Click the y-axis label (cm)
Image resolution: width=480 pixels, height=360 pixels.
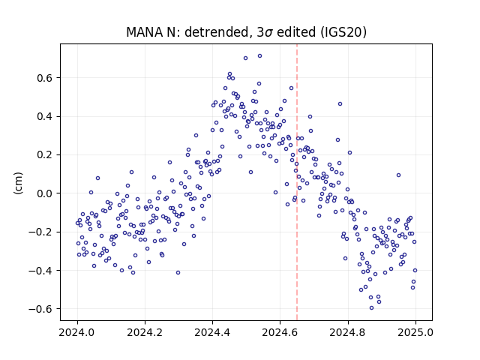(18, 183)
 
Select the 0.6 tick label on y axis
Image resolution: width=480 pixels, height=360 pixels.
(45, 78)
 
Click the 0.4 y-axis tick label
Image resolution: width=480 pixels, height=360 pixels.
(45, 117)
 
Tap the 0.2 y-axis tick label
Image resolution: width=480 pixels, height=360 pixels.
(45, 155)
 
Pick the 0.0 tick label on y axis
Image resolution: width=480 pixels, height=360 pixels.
(45, 193)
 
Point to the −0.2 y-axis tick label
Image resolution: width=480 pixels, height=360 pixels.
(40, 232)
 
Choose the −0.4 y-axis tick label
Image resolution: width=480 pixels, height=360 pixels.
(40, 271)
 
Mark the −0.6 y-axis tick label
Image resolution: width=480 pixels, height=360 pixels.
(40, 309)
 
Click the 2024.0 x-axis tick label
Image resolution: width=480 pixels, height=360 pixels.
(77, 332)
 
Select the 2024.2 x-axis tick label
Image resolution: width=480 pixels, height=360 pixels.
(145, 332)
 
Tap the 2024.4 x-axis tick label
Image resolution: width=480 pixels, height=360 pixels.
(212, 332)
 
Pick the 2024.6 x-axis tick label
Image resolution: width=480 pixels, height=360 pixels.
(280, 332)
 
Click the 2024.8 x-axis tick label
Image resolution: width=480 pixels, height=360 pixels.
(348, 332)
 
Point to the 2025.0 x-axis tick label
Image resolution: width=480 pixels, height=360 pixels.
(415, 332)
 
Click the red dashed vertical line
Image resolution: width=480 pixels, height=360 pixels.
(297, 182)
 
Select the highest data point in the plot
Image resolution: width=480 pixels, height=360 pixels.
(259, 56)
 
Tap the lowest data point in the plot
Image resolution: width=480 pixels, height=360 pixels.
(372, 308)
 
